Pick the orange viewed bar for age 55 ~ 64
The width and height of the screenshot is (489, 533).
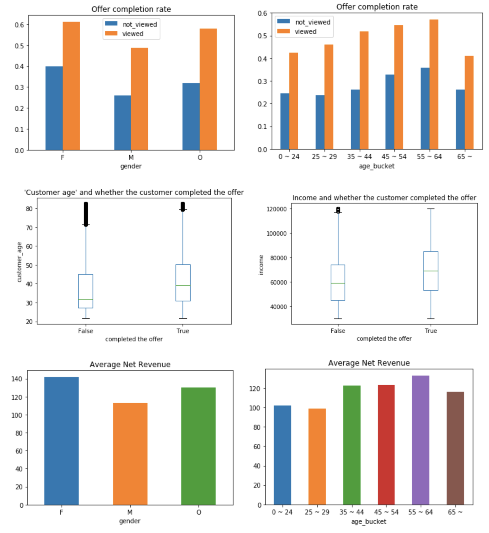(x=434, y=84)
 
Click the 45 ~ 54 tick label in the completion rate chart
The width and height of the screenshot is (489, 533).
(x=394, y=157)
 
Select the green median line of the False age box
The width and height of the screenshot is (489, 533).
(x=86, y=299)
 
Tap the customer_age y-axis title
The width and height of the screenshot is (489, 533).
(x=19, y=262)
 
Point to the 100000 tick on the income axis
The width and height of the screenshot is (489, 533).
(x=276, y=234)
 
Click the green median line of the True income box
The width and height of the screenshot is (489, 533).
(x=431, y=271)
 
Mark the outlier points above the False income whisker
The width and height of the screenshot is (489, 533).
(x=338, y=210)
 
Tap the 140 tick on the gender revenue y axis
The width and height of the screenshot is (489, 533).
(x=17, y=379)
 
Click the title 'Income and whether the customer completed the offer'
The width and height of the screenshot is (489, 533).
(x=384, y=198)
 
